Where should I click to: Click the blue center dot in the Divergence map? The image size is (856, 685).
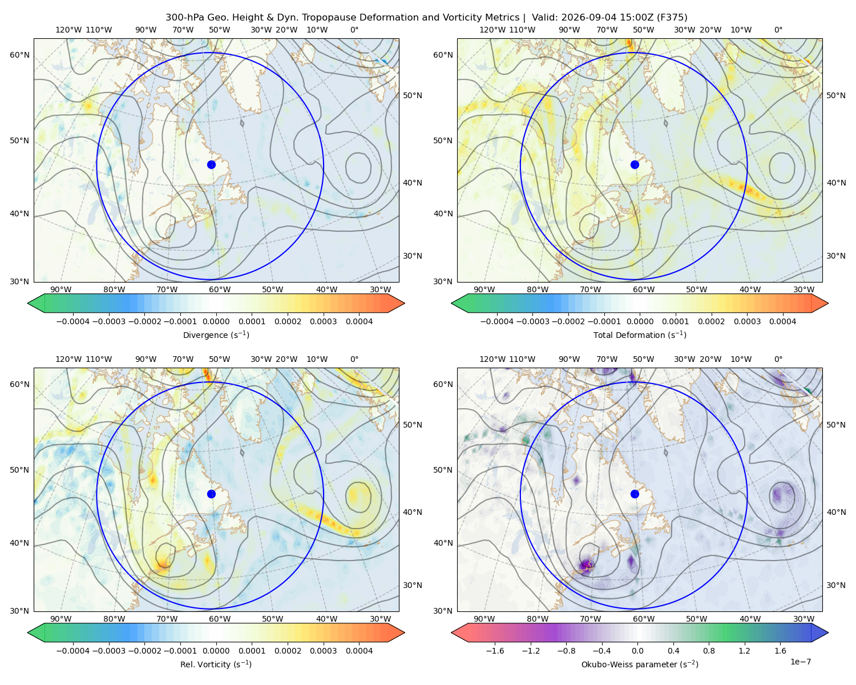point(211,164)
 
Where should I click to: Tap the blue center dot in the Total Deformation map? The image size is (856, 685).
point(635,164)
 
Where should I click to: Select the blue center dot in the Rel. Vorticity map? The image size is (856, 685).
point(211,494)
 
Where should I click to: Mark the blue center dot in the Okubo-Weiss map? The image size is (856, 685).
point(635,494)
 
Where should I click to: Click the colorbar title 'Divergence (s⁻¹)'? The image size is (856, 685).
point(216,335)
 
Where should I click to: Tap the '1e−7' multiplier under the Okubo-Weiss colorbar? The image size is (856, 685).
point(800,662)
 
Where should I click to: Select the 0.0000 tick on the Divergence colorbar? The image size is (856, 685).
point(216,321)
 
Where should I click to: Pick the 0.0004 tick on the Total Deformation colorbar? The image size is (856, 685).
point(782,321)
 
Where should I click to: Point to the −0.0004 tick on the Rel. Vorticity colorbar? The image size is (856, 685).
point(73,650)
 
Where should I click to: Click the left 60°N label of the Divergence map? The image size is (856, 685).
point(19,55)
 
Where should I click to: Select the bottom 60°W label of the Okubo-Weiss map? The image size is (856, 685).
point(643,619)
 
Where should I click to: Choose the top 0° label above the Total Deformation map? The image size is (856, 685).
point(778,30)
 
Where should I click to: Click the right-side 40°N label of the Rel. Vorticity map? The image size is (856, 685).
point(413,512)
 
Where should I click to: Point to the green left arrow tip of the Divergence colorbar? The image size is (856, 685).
point(28,303)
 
